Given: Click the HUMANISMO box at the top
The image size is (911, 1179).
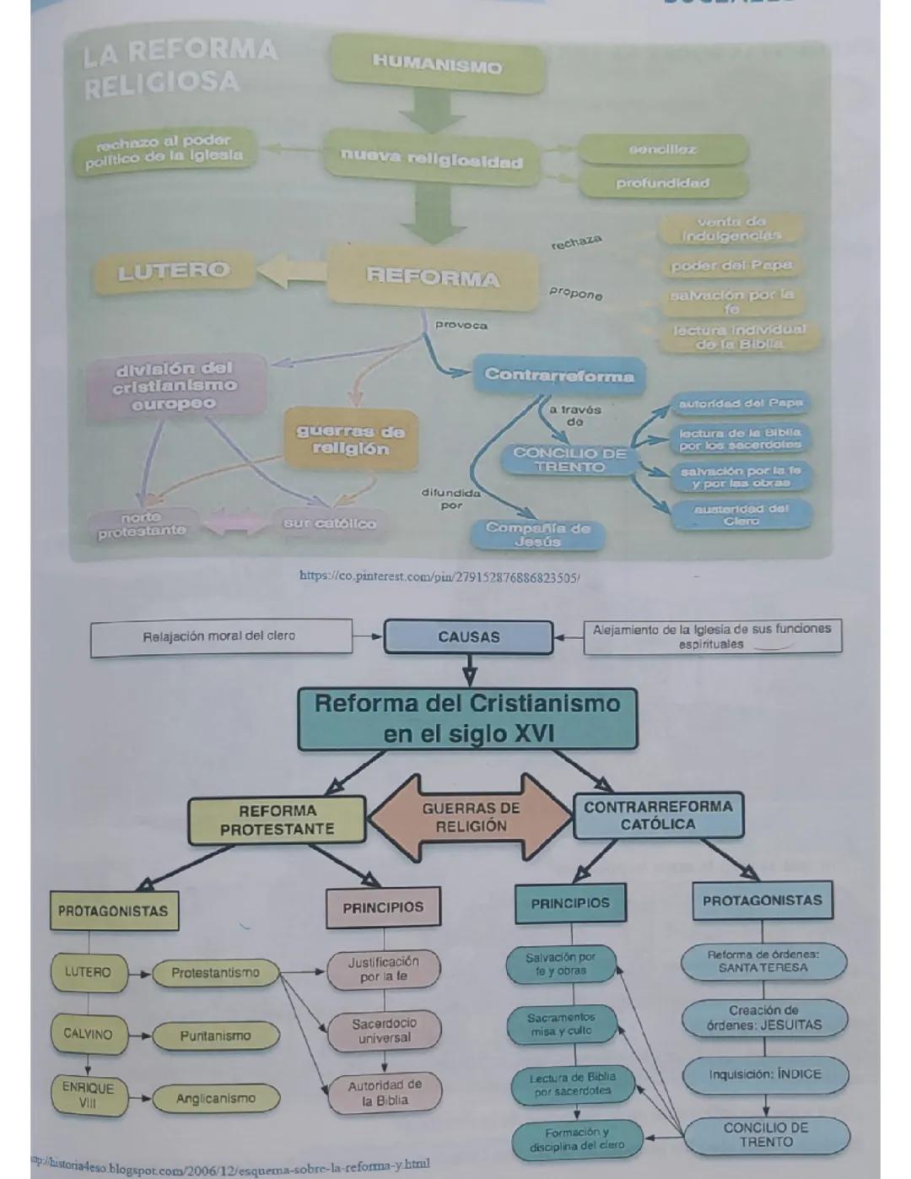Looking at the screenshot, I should (x=437, y=63).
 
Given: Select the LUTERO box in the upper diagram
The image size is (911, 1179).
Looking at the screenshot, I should (x=174, y=271).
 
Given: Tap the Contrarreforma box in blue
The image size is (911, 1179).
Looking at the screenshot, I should (x=558, y=376).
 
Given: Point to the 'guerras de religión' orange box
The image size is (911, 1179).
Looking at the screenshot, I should (x=350, y=440).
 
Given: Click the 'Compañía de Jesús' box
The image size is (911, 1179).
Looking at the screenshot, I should (x=537, y=534).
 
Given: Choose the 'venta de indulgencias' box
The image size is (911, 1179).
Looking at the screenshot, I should (x=731, y=228).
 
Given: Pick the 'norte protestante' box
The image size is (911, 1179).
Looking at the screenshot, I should (x=141, y=524).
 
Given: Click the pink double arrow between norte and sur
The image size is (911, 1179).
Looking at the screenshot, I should (x=234, y=522).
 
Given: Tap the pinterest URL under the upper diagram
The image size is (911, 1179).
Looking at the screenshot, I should (x=439, y=576).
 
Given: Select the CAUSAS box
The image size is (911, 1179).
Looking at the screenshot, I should (x=469, y=637).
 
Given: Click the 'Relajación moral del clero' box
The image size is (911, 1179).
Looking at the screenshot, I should (x=220, y=636).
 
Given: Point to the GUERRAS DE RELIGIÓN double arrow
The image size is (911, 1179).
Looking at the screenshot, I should (x=471, y=817).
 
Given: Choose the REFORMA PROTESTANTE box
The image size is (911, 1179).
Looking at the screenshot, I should (x=277, y=819).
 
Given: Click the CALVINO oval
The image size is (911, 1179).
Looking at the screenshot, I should (x=88, y=1034).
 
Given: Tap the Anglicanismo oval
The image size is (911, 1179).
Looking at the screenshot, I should (x=215, y=1098).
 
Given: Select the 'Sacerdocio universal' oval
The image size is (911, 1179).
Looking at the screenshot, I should (x=385, y=1030).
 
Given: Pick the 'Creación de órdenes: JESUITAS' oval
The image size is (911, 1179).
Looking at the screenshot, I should (x=764, y=1018).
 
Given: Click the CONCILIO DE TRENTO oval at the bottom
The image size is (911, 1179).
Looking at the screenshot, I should (x=766, y=1135).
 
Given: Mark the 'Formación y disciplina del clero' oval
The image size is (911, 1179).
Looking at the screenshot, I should (x=577, y=1139).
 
